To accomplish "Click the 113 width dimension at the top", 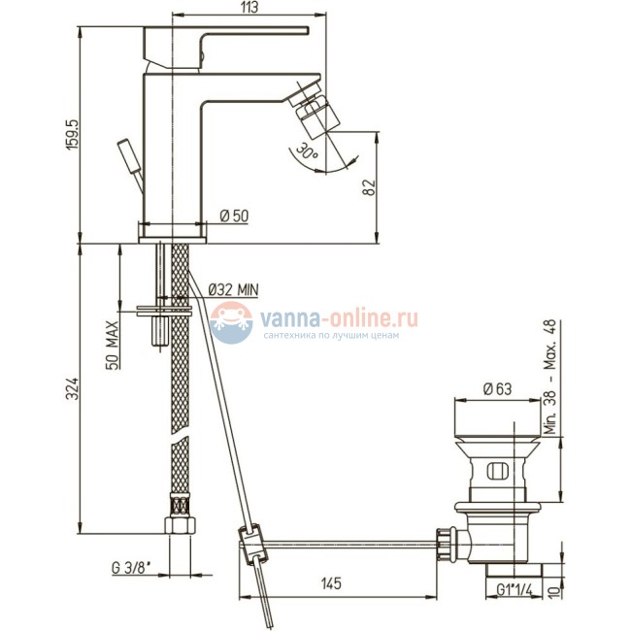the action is [x=249, y=8].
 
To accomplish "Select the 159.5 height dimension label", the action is [x=73, y=135].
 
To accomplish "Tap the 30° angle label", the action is [x=307, y=152].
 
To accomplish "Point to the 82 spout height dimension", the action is [x=370, y=187].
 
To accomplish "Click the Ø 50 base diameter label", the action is [x=234, y=216].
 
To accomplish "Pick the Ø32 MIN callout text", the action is [x=234, y=289].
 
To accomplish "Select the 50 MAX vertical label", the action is [x=113, y=346].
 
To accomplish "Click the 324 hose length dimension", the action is [x=72, y=388].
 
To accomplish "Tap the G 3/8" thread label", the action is [x=132, y=569].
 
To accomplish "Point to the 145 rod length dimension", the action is [x=331, y=583].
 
